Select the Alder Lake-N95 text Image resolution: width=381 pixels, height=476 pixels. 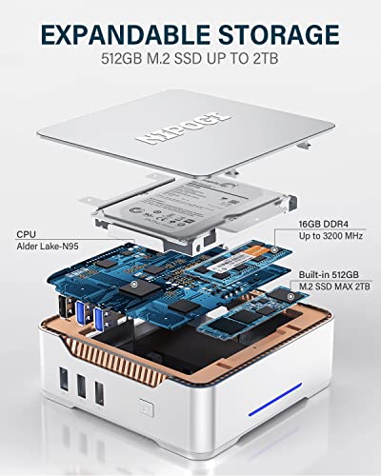tap(49, 247)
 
